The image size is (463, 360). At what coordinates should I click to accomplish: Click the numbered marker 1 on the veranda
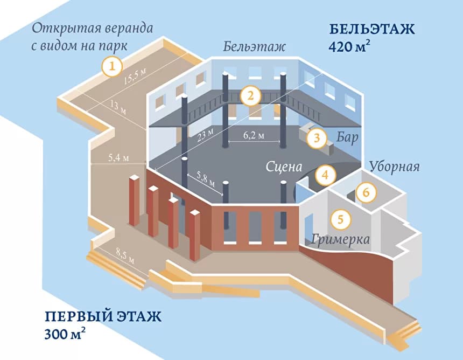(x=112, y=67)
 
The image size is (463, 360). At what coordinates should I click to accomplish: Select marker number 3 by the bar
(x=317, y=138)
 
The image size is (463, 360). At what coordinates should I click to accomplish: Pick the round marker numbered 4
(x=325, y=175)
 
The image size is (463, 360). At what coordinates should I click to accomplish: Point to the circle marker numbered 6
(x=366, y=191)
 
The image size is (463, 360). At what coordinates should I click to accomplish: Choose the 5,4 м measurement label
(x=119, y=158)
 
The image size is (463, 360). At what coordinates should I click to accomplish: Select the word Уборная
(x=394, y=165)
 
